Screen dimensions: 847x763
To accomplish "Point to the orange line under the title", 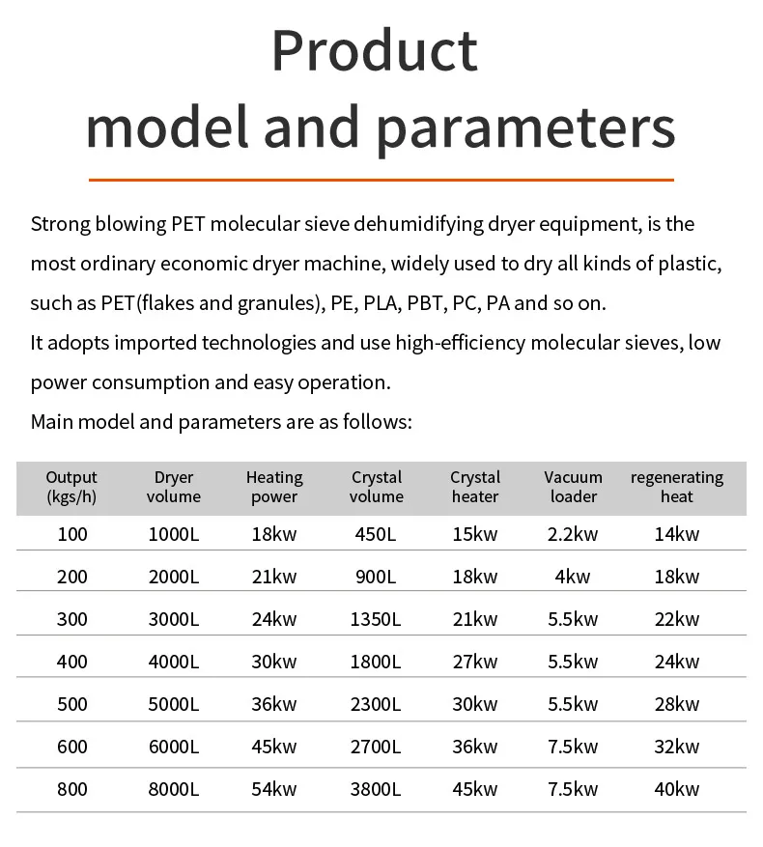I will click(x=381, y=180).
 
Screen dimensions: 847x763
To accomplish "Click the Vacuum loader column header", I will click(x=574, y=487).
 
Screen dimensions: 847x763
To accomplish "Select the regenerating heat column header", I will click(x=677, y=487).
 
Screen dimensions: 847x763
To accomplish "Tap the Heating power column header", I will click(x=274, y=487).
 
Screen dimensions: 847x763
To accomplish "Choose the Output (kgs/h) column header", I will click(x=71, y=487).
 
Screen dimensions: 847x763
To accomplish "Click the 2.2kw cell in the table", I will click(x=574, y=534).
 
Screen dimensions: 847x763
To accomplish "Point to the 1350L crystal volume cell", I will click(x=377, y=619).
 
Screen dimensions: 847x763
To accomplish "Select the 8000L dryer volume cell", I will click(x=174, y=789).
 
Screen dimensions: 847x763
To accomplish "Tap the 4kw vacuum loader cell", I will click(x=574, y=577).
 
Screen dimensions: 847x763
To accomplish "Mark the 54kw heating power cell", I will click(x=274, y=789).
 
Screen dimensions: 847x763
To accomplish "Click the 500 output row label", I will click(x=71, y=704).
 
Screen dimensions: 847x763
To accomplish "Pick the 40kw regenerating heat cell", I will click(x=677, y=789).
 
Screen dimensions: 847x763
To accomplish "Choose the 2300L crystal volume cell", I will click(x=377, y=704).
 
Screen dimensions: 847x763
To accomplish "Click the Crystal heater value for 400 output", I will click(x=475, y=662).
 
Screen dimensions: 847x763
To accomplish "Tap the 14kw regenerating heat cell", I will click(x=677, y=534).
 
